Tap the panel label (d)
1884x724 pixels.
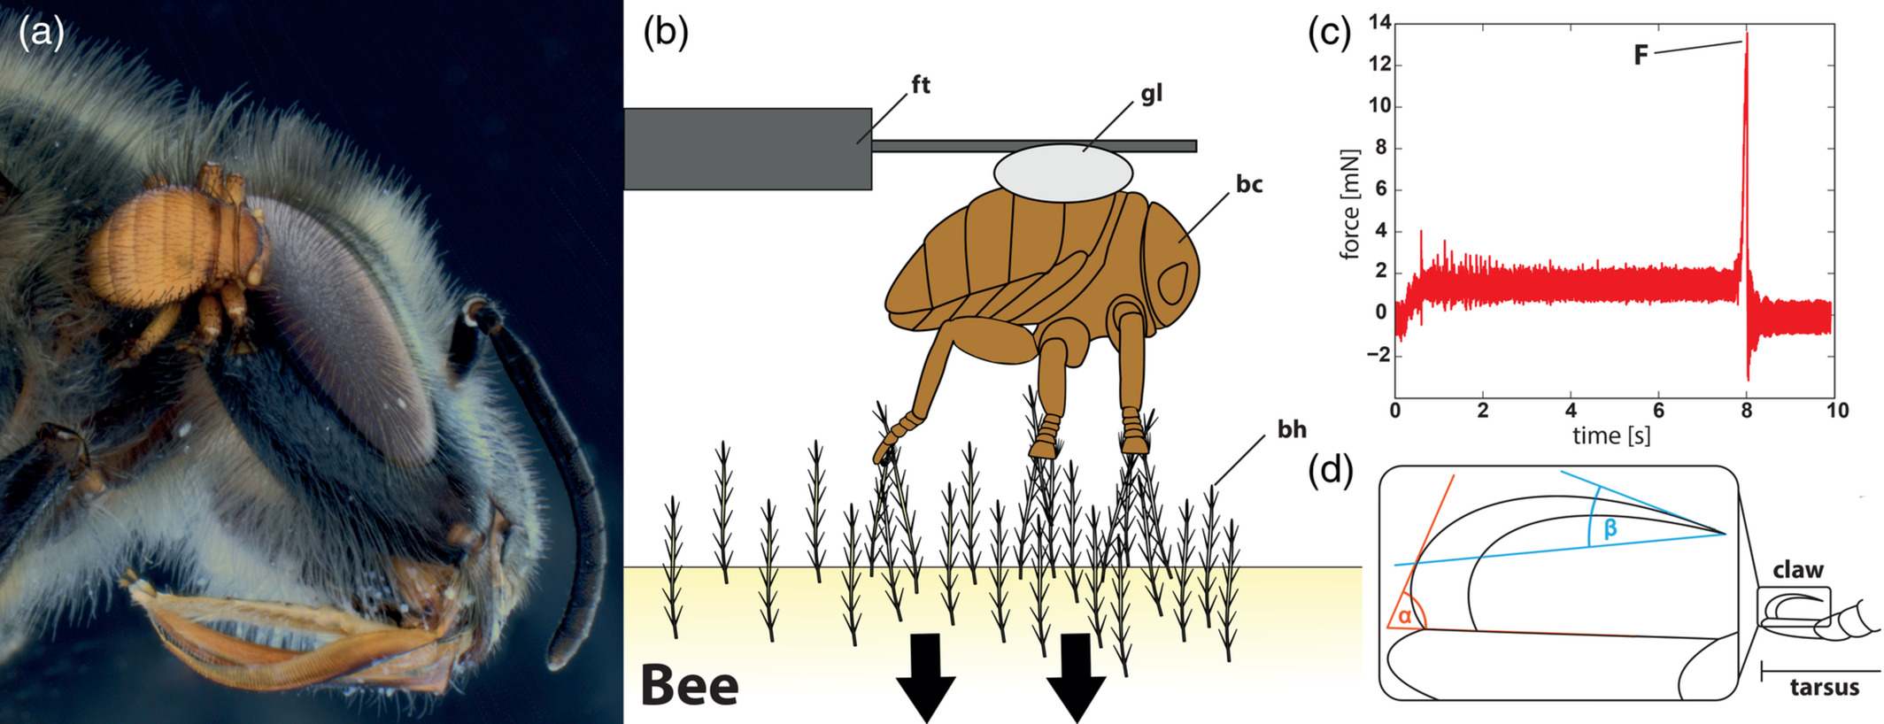pos(1331,471)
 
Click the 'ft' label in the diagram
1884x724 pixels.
pos(921,85)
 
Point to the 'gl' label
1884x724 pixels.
pos(1151,94)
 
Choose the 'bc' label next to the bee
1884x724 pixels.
pos(1248,184)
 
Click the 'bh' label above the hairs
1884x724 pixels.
pos(1292,429)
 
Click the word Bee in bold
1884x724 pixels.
pos(689,686)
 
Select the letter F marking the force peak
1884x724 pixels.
pos(1641,56)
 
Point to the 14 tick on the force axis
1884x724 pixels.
pos(1379,23)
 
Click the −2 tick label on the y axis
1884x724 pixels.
pos(1377,355)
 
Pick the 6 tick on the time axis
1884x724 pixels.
pos(1657,411)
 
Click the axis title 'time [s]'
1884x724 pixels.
pos(1611,435)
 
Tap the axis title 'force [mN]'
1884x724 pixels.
pos(1349,204)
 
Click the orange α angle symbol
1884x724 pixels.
pos(1404,616)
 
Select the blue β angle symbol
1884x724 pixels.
pos(1610,528)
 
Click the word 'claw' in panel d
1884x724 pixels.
pos(1798,570)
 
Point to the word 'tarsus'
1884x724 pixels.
pos(1824,688)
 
